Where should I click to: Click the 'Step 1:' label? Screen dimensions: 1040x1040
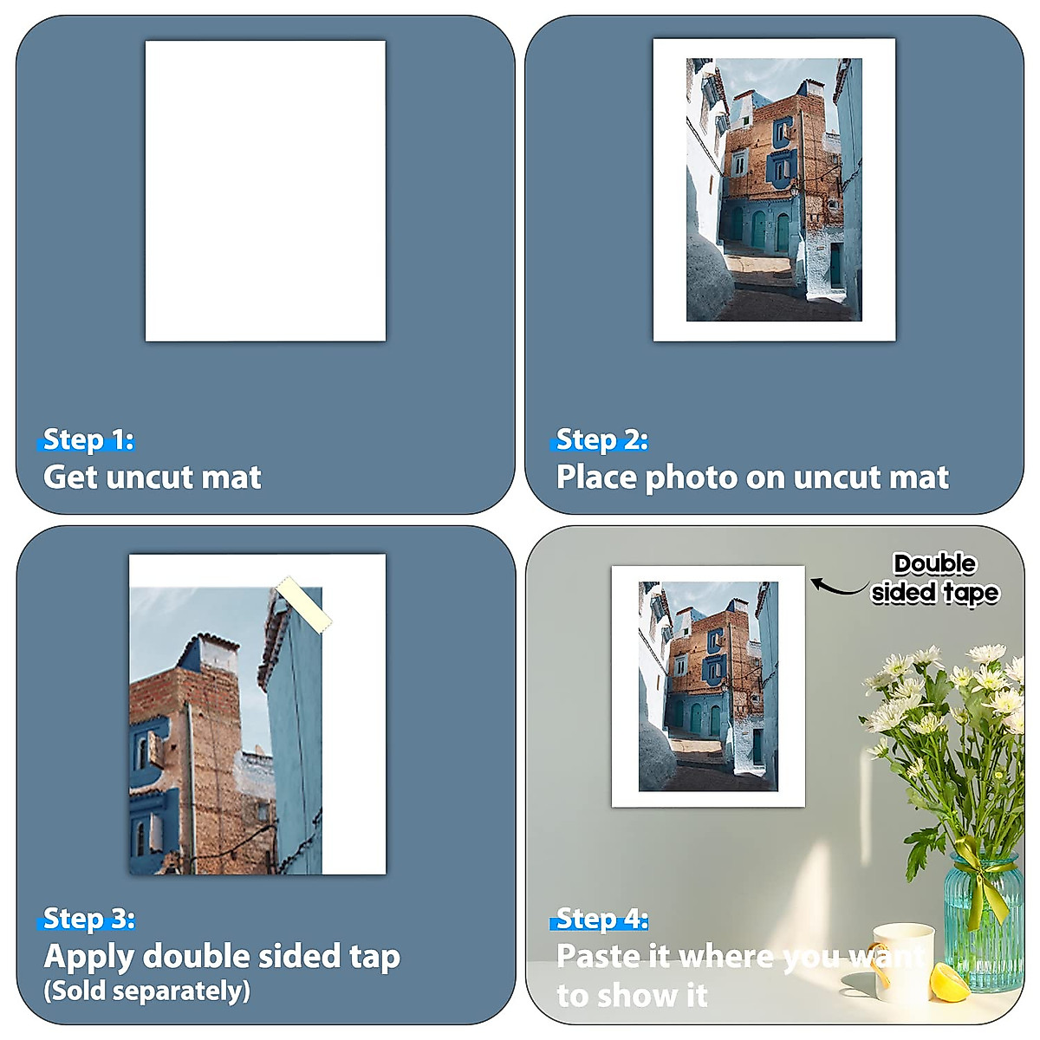(88, 439)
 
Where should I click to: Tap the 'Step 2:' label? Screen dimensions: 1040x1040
(601, 439)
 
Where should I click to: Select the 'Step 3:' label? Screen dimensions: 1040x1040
(88, 918)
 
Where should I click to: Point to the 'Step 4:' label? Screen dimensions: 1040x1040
(601, 918)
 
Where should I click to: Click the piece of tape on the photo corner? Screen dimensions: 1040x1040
(303, 604)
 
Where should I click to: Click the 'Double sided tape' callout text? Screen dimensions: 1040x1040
(935, 578)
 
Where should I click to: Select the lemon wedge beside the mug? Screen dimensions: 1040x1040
(949, 983)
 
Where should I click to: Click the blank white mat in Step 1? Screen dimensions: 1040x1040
(265, 191)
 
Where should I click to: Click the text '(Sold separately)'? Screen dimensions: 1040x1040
(146, 991)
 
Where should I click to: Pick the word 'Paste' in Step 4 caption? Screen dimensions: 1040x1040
(597, 957)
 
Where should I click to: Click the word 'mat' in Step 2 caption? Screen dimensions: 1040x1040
(922, 478)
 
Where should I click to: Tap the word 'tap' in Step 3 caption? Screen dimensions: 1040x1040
(374, 957)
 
